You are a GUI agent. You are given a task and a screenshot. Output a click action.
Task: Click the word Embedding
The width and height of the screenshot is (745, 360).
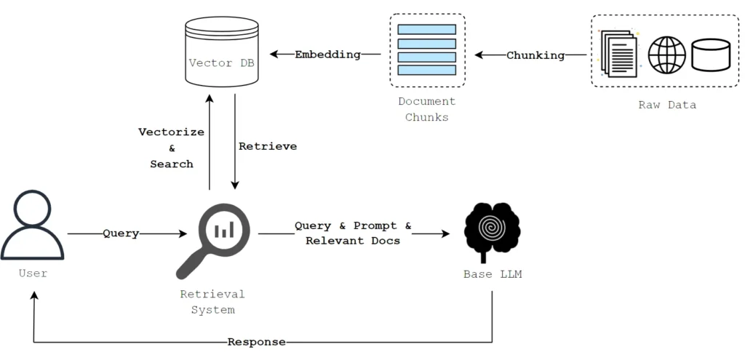(327, 55)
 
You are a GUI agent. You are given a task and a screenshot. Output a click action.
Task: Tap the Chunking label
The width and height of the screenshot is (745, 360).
(535, 55)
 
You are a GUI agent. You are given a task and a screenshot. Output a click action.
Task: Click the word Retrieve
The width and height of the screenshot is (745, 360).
(268, 146)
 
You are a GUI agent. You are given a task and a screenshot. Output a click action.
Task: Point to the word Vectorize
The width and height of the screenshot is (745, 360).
(172, 132)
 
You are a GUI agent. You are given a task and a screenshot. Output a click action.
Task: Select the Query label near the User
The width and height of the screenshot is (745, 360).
(121, 233)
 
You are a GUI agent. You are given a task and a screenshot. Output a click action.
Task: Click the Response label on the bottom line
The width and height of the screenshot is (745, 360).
(256, 342)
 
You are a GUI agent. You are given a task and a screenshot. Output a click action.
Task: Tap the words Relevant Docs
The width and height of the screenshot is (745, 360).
(353, 241)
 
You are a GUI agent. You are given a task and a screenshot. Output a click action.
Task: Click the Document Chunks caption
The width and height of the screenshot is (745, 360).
(427, 109)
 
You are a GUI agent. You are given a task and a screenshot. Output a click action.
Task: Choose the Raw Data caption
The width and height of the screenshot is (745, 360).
(667, 105)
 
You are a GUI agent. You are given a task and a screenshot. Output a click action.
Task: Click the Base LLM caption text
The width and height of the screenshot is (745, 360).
(493, 274)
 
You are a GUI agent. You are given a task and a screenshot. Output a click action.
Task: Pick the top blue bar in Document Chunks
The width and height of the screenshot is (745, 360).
(427, 29)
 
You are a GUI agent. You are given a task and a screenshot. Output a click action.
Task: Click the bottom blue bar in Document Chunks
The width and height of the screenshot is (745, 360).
(427, 71)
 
